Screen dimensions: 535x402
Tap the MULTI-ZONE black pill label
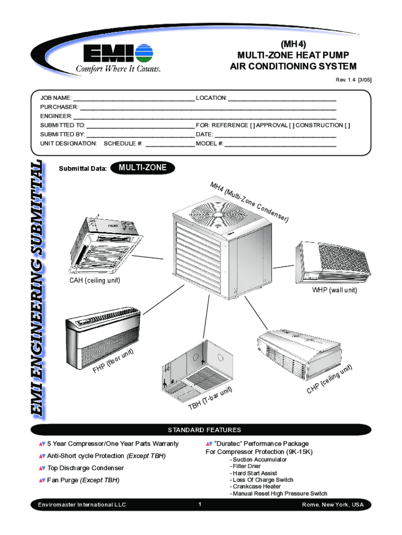pyautogui.click(x=143, y=168)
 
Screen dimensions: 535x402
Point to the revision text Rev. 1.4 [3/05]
pyautogui.click(x=353, y=80)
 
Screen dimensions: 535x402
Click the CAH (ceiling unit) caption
pyautogui.click(x=95, y=281)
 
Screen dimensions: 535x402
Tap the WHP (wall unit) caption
pyautogui.click(x=335, y=290)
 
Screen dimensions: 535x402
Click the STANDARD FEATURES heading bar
pyautogui.click(x=204, y=430)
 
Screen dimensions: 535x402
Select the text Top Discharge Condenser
pyautogui.click(x=85, y=468)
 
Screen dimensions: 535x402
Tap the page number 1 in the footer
pyautogui.click(x=200, y=505)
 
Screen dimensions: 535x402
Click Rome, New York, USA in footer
pyautogui.click(x=333, y=505)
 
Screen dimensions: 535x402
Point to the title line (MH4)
pyautogui.click(x=293, y=44)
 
